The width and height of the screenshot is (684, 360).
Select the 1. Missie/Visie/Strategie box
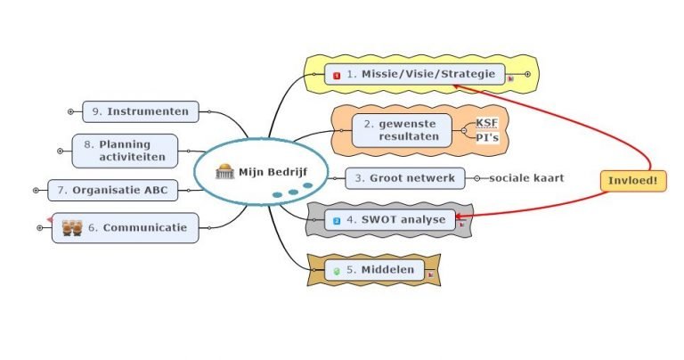[415, 75]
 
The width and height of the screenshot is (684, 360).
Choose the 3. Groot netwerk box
[404, 178]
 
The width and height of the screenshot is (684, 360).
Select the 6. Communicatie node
[125, 228]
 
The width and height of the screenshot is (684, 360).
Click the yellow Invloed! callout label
[632, 181]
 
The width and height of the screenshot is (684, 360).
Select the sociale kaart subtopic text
[526, 178]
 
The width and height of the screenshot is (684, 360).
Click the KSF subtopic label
[487, 123]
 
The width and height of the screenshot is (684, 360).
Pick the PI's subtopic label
[487, 137]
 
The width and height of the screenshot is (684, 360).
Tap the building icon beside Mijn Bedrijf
[224, 172]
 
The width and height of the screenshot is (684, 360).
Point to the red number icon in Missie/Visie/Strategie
[337, 76]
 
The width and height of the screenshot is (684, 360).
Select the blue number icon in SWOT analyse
[337, 220]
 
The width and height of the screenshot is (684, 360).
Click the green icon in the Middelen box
[337, 270]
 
